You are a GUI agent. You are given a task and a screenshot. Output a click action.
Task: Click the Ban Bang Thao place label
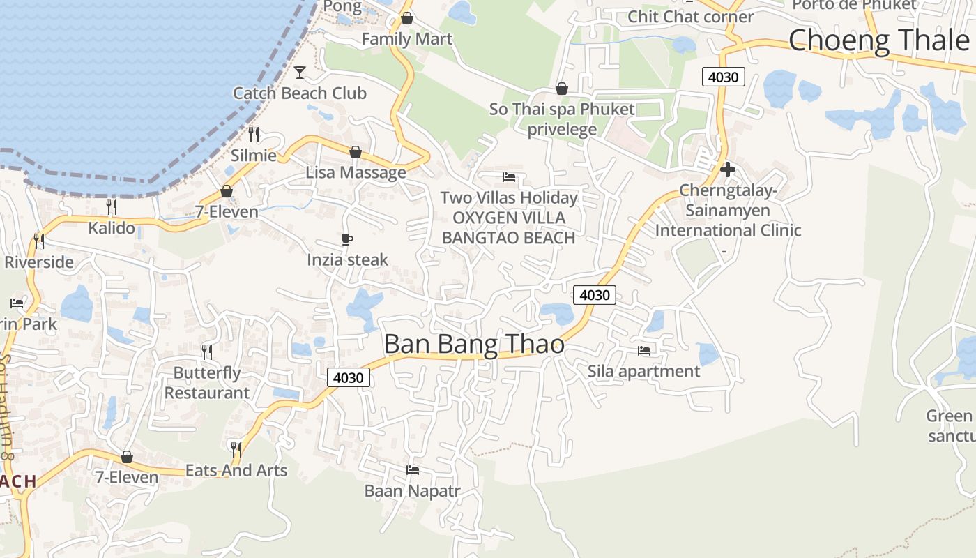pyautogui.click(x=474, y=344)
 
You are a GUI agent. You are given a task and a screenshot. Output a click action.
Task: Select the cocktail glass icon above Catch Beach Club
pyautogui.click(x=300, y=72)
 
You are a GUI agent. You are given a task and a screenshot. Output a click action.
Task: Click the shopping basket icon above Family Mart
pyautogui.click(x=407, y=18)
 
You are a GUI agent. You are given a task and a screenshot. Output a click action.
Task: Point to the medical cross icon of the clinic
pyautogui.click(x=728, y=169)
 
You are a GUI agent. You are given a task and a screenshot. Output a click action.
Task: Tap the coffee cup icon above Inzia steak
pyautogui.click(x=347, y=240)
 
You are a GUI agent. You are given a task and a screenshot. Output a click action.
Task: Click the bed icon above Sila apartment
pyautogui.click(x=644, y=350)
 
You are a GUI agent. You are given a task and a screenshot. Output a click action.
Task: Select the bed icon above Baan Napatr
pyautogui.click(x=413, y=470)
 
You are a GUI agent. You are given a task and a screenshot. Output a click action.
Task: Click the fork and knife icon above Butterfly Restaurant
pyautogui.click(x=207, y=351)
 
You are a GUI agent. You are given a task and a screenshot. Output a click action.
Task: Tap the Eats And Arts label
pyautogui.click(x=236, y=471)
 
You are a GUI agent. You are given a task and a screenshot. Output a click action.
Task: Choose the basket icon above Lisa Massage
pyautogui.click(x=356, y=152)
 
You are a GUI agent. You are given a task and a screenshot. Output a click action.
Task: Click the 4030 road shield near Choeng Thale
pyautogui.click(x=723, y=77)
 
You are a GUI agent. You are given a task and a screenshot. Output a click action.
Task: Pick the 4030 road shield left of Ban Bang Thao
pyautogui.click(x=348, y=377)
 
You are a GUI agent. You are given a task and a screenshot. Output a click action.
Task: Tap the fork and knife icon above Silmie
pyautogui.click(x=254, y=134)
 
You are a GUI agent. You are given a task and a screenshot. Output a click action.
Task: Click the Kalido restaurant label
pyautogui.click(x=112, y=228)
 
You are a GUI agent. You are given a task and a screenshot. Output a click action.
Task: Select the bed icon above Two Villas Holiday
pyautogui.click(x=509, y=177)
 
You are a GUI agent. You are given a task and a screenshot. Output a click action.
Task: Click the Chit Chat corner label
pyautogui.click(x=691, y=17)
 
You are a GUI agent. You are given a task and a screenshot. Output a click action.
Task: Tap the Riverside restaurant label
pyautogui.click(x=39, y=262)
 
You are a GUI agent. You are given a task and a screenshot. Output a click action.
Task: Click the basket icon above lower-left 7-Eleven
pyautogui.click(x=127, y=457)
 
